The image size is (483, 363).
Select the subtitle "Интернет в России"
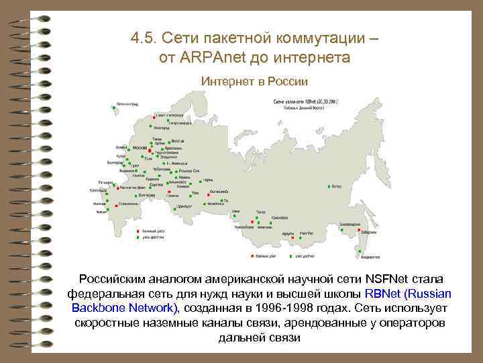pos(254,81)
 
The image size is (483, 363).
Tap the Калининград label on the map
pos(127,104)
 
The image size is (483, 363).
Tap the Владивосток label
pos(371,257)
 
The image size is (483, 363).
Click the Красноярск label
pos(280,218)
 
